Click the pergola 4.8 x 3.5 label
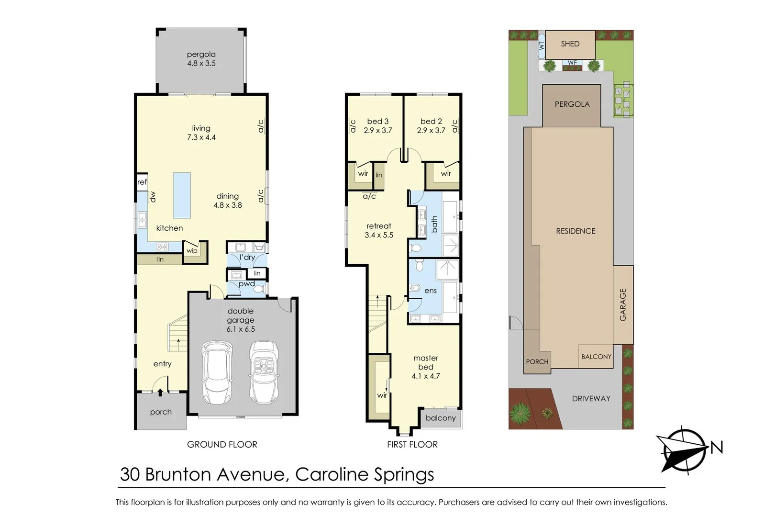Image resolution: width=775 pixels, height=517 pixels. (201, 59)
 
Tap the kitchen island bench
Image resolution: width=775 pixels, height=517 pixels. (182, 195)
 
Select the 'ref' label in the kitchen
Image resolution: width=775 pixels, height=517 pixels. (142, 182)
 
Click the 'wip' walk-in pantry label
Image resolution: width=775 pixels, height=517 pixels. (192, 250)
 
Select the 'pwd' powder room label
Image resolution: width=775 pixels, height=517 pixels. (246, 284)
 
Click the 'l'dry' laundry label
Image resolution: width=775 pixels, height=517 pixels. (247, 258)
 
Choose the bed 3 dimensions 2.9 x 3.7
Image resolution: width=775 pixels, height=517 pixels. (377, 130)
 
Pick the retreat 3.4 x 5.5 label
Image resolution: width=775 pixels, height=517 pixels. (378, 230)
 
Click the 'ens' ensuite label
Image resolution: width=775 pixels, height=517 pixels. (430, 291)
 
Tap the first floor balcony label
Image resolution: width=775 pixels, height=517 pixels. (440, 418)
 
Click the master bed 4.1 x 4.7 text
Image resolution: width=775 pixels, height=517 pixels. (425, 367)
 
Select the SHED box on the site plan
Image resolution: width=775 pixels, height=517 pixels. (570, 44)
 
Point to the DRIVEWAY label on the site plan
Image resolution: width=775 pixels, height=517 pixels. (591, 398)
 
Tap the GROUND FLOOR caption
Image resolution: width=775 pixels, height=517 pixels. (222, 444)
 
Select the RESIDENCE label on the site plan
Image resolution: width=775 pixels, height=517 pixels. (576, 231)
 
